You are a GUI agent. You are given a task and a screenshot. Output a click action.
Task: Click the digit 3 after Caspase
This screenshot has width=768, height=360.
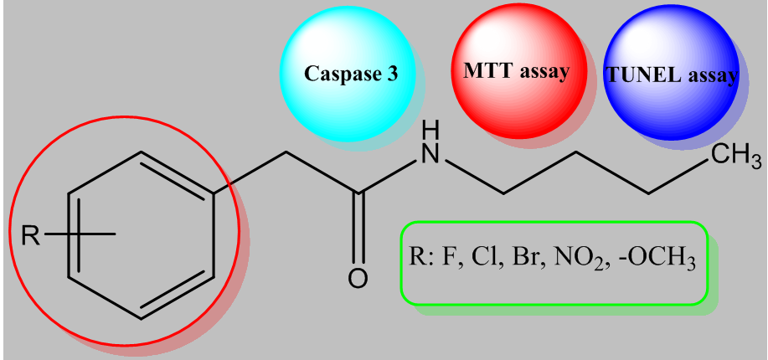pyautogui.click(x=391, y=74)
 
